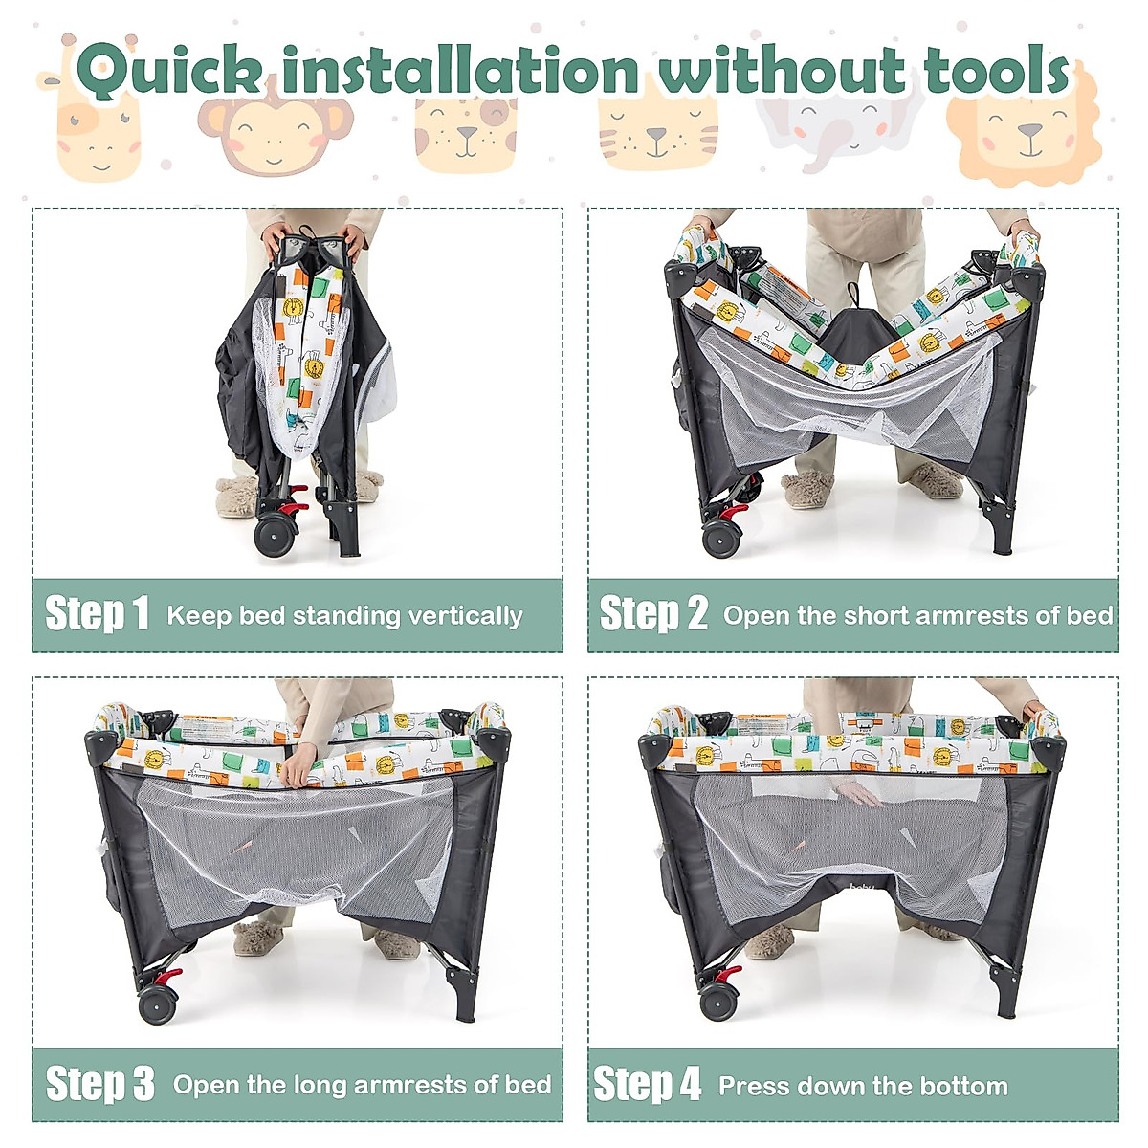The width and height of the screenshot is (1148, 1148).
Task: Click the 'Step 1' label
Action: click(x=98, y=613)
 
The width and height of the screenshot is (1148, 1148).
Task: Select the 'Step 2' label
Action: click(x=653, y=613)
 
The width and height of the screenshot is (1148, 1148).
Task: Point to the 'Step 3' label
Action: click(x=100, y=1084)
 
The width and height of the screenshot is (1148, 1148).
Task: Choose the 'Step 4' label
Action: click(x=648, y=1084)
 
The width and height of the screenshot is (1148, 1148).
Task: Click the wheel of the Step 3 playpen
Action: click(x=158, y=1004)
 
